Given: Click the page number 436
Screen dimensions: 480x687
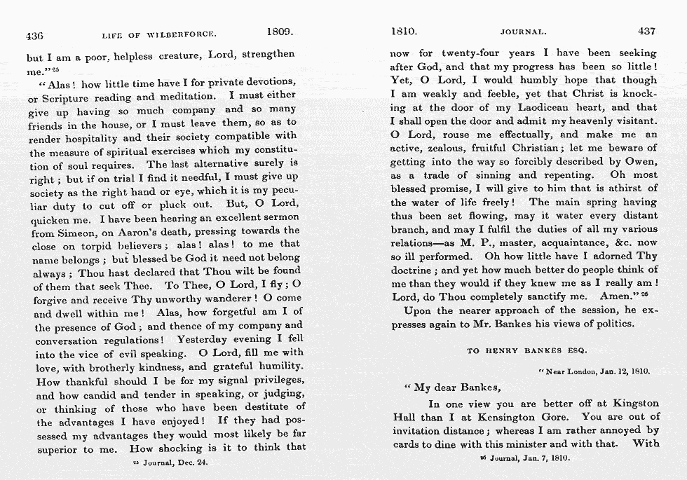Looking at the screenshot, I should click(x=35, y=34).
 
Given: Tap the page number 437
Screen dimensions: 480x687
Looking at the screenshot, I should click(x=647, y=32).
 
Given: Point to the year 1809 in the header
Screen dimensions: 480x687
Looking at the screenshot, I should click(x=280, y=32).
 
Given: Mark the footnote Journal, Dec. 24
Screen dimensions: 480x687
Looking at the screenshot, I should click(x=170, y=462).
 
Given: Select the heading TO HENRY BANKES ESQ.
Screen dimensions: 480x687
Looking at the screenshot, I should click(x=526, y=350).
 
